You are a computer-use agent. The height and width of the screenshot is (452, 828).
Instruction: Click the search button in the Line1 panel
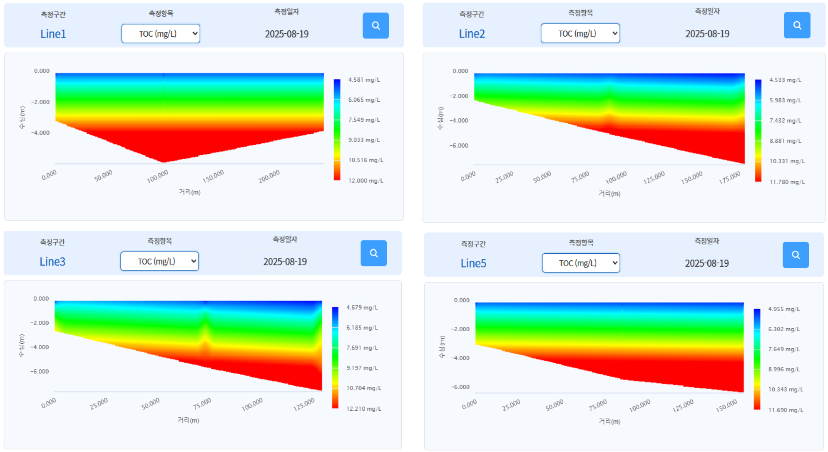(375, 25)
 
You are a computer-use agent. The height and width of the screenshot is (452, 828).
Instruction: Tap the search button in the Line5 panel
(795, 255)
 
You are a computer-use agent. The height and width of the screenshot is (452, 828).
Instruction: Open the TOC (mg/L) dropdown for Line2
(580, 33)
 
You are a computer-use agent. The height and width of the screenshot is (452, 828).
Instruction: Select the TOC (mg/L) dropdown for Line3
(159, 261)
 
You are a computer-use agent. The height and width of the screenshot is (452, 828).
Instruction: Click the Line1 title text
(53, 34)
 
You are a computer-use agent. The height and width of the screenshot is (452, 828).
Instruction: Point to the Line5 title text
(473, 263)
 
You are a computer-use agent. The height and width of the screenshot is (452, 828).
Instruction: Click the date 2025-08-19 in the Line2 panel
(707, 34)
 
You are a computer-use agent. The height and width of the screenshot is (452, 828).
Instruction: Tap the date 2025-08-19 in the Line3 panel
(285, 262)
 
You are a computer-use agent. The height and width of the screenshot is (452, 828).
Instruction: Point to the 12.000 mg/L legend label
(366, 180)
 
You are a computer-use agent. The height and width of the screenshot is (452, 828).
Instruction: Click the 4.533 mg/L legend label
(785, 80)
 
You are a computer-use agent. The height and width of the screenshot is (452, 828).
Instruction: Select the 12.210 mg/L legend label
(363, 409)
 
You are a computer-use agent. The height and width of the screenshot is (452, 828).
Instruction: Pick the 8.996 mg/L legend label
(784, 370)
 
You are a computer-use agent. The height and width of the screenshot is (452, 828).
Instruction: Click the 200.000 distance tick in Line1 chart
(269, 176)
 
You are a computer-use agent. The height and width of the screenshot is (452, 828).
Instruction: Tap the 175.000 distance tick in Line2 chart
(729, 177)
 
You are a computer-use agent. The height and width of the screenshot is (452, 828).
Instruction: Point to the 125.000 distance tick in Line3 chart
(304, 405)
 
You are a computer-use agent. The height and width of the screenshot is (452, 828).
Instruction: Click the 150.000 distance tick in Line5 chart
(726, 406)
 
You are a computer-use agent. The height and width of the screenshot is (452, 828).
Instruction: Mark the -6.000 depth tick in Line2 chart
(458, 146)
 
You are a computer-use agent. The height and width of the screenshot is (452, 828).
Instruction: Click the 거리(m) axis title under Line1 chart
(189, 192)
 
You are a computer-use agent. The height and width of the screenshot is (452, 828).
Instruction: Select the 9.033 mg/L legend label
(364, 140)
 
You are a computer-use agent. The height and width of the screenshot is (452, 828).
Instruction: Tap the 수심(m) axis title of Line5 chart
(442, 347)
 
